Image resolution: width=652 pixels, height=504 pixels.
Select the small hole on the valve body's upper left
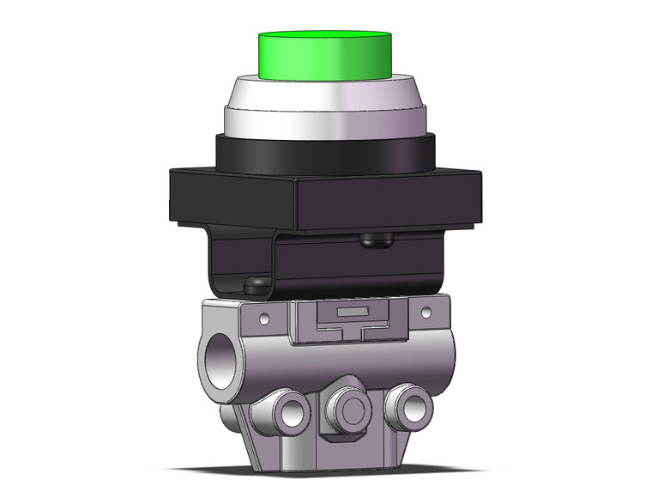tap(264, 319)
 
